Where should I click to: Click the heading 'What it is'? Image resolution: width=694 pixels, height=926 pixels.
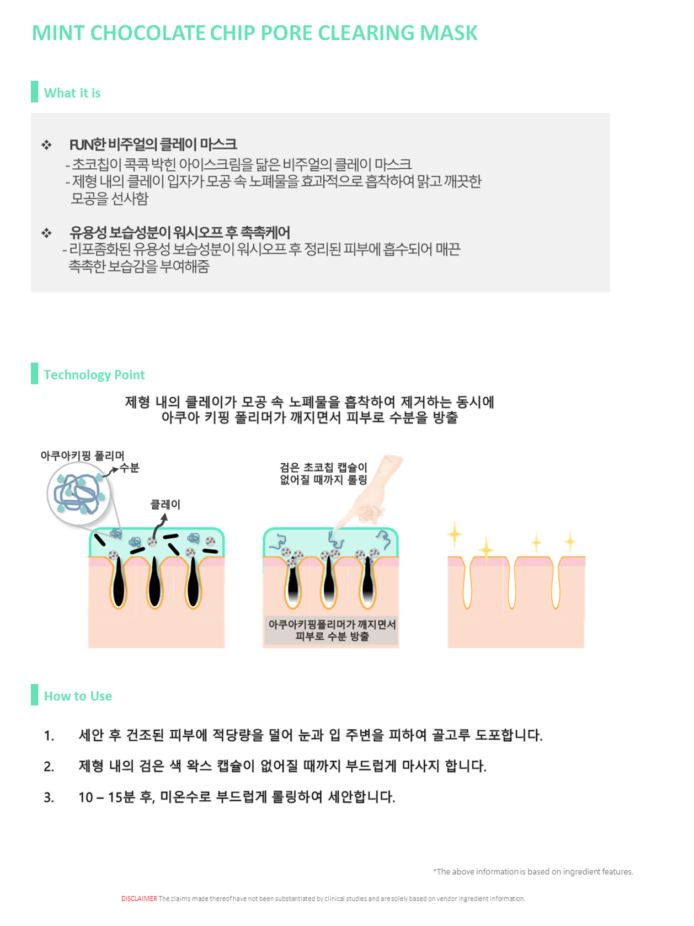pyautogui.click(x=72, y=93)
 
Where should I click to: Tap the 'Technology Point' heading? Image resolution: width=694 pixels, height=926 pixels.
pyautogui.click(x=94, y=374)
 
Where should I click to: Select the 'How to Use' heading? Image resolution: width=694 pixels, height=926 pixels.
pyautogui.click(x=78, y=696)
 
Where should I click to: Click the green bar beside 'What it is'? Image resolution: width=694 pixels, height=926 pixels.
pyautogui.click(x=35, y=92)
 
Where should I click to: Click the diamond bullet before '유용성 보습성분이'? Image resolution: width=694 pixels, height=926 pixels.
pyautogui.click(x=46, y=233)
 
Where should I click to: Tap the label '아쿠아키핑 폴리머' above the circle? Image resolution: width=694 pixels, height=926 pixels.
pyautogui.click(x=82, y=456)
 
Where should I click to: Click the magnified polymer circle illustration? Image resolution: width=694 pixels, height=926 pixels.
pyautogui.click(x=78, y=493)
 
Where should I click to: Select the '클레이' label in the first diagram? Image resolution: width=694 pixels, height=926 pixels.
pyautogui.click(x=166, y=504)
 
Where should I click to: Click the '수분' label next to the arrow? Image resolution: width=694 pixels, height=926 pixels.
pyautogui.click(x=130, y=468)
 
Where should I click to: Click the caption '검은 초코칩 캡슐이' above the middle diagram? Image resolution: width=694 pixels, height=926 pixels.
pyautogui.click(x=323, y=468)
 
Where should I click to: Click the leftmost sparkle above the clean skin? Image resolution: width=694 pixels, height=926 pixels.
pyautogui.click(x=455, y=533)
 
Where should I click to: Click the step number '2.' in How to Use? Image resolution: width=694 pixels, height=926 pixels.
pyautogui.click(x=49, y=767)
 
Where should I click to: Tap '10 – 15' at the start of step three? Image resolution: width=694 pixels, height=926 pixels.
pyautogui.click(x=100, y=797)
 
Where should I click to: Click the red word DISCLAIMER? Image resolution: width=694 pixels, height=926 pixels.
pyautogui.click(x=139, y=898)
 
